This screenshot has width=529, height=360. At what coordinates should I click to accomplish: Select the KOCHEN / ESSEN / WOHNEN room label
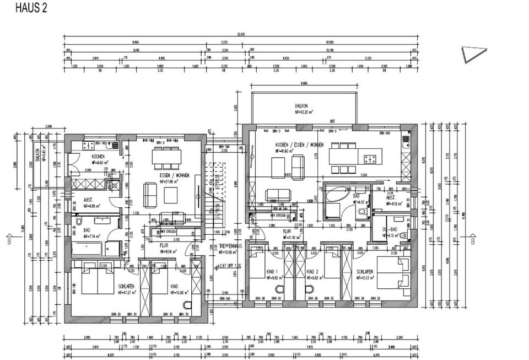pyautogui.click(x=299, y=144)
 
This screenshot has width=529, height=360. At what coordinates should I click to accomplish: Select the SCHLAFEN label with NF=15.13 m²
pyautogui.click(x=365, y=272)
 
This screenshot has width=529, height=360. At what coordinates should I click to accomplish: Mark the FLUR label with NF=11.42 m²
pyautogui.click(x=288, y=232)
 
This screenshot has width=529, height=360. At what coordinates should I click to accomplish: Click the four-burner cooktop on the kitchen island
pyautogui.click(x=370, y=159)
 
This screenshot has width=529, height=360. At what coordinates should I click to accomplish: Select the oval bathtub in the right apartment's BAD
pyautogui.click(x=337, y=197)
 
